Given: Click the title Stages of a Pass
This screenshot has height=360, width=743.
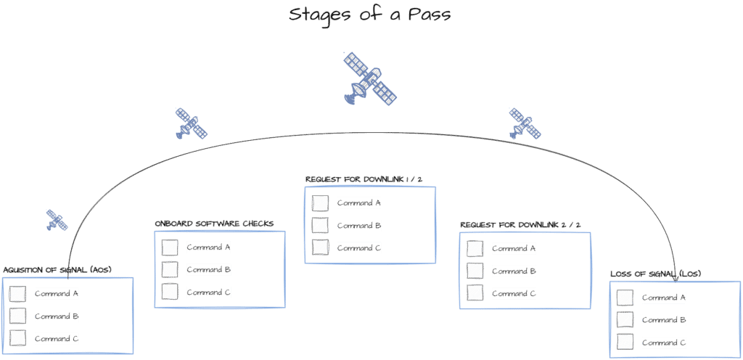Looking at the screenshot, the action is coord(369,14).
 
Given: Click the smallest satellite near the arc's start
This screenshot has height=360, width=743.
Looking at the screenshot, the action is coord(57,220).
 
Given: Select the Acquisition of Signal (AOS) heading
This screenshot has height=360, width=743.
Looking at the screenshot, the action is coord(60,270).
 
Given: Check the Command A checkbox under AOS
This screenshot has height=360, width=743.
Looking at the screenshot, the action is coord(17,294).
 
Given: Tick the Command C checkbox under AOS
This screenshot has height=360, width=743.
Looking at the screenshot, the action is coord(17,338).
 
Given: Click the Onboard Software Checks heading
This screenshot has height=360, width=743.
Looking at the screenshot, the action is coord(214,224).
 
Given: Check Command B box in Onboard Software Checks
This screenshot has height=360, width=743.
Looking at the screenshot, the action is coord(170,269).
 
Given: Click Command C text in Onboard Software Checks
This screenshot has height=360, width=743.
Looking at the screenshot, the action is coord(208,292).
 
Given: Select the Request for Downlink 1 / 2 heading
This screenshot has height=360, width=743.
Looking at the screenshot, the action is coord(364,179).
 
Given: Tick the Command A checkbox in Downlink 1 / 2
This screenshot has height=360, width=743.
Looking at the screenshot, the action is coord(320,202).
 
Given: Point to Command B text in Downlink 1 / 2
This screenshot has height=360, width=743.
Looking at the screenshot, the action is coord(359,226).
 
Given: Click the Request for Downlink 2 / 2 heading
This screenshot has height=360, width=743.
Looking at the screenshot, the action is coord(520,224).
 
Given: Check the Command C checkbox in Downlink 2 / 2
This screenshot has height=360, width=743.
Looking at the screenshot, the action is coord(475,292).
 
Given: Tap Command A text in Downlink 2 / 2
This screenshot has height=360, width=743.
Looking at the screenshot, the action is coord(514,248).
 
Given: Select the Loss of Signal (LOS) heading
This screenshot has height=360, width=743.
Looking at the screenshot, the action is coord(656,274).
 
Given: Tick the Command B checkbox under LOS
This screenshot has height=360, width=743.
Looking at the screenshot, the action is coord(625,320).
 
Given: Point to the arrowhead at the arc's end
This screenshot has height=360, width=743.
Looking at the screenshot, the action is coord(676,282).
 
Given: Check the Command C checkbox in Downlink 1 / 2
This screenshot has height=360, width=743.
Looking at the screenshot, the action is coord(320,247).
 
